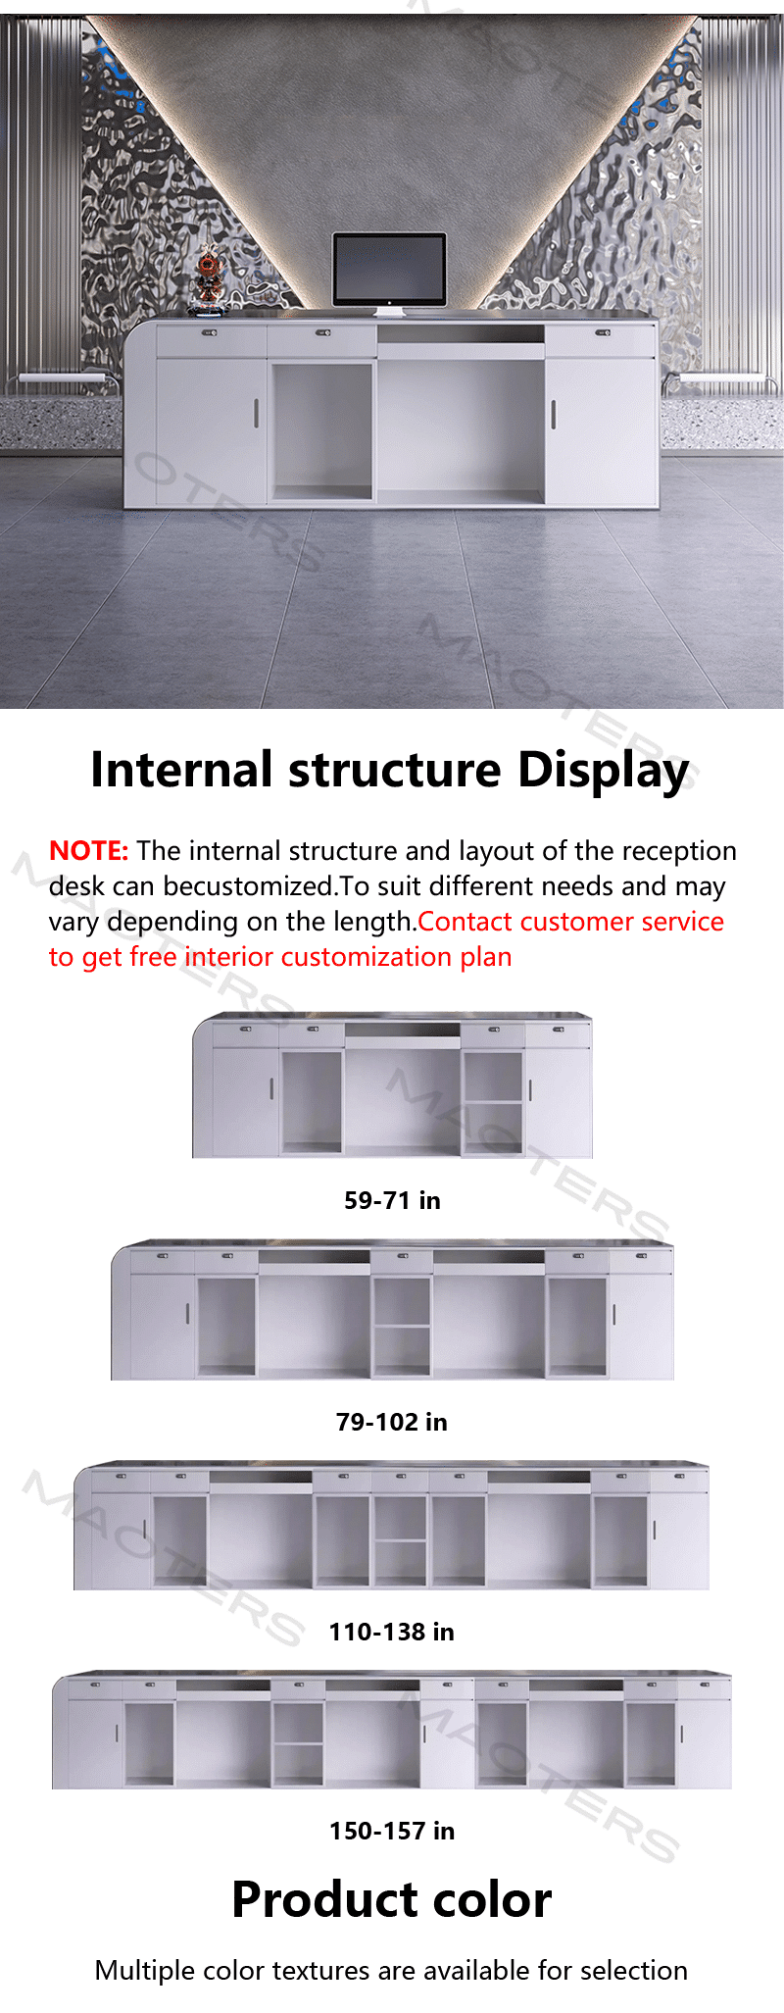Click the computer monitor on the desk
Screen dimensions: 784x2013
(389, 273)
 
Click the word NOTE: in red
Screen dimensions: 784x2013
(88, 850)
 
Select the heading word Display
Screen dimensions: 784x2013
(603, 771)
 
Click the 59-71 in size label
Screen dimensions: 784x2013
(392, 1200)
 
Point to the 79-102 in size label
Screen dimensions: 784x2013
(392, 1422)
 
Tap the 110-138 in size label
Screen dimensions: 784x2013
(392, 1632)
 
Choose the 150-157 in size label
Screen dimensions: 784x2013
(392, 1831)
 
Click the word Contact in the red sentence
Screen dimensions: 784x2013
(465, 922)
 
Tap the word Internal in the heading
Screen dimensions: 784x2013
(181, 769)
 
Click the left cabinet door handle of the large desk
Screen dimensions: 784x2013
(257, 413)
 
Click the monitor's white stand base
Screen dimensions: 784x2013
(389, 313)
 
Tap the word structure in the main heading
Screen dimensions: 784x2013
(395, 770)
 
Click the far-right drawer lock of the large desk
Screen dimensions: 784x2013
(601, 333)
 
